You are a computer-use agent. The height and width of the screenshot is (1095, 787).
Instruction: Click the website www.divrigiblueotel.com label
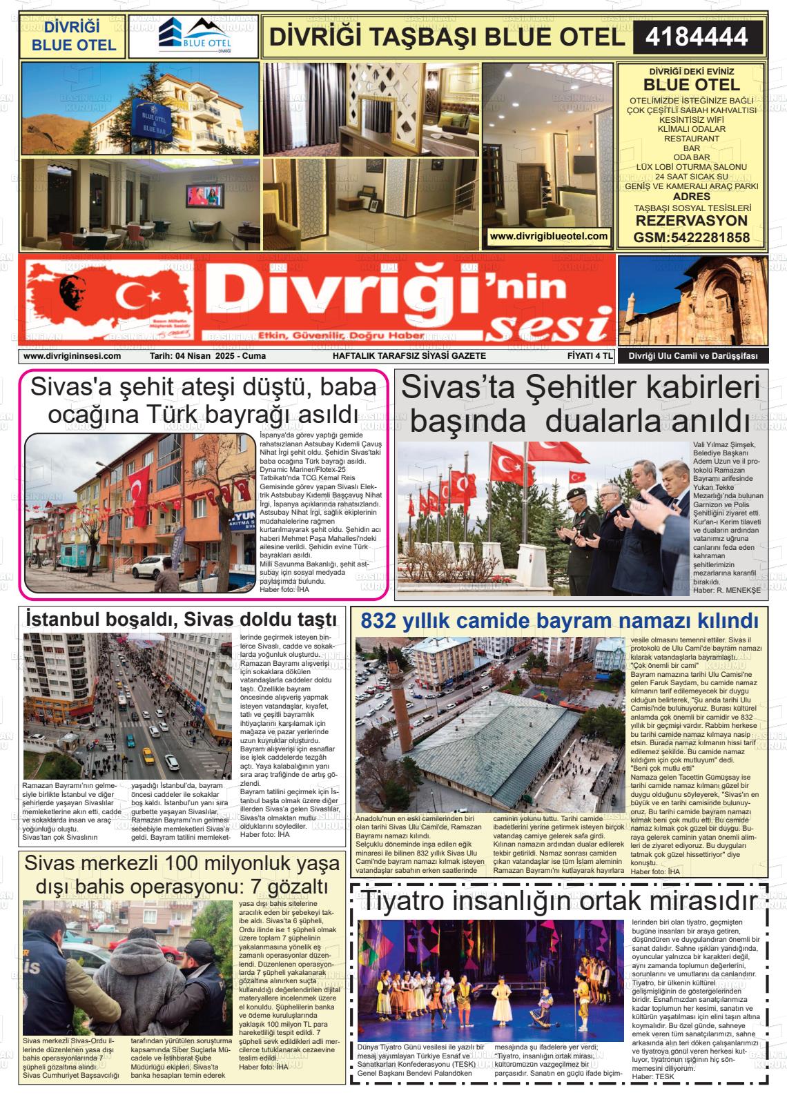[548, 236]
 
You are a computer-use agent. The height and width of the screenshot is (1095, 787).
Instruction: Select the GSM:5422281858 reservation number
[691, 237]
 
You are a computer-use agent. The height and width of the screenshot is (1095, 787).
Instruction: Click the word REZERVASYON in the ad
[691, 221]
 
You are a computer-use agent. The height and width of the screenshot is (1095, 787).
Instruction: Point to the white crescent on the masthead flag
[131, 295]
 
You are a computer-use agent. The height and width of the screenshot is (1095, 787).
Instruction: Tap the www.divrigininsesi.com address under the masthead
[72, 356]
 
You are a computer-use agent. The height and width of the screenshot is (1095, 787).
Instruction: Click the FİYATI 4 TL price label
[585, 356]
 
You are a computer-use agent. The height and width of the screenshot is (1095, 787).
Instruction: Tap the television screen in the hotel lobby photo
[203, 195]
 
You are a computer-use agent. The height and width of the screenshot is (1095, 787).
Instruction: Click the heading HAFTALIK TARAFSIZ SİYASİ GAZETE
[409, 356]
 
